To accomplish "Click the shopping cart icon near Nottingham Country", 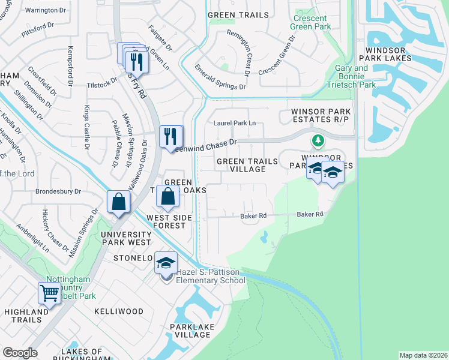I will click(49, 293).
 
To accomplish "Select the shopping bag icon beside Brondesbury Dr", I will click(119, 202).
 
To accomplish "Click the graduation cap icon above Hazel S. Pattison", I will click(166, 262).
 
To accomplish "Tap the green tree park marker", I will click(318, 141).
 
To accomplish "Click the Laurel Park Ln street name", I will click(235, 123).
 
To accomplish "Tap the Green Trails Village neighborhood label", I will click(248, 166).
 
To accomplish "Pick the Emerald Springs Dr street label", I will click(220, 79).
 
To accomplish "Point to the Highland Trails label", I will click(26, 312).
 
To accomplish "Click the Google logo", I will click(20, 353).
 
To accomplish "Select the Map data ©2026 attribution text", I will click(423, 355).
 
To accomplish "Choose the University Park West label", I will click(126, 238).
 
